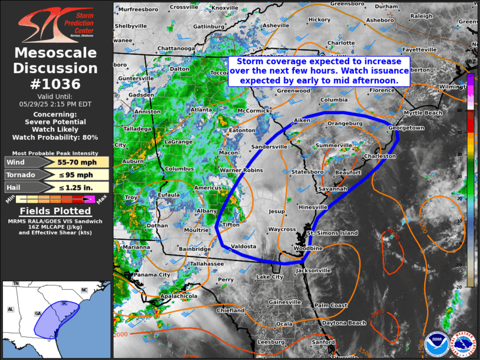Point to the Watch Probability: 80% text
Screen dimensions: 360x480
point(55,138)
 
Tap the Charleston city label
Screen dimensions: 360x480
point(380,156)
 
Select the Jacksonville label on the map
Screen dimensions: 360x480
point(313,270)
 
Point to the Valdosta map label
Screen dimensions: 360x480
point(243,246)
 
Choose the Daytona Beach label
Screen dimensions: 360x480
point(348,323)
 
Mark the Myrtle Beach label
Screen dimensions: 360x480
point(423,113)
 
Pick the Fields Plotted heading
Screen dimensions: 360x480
point(55,212)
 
